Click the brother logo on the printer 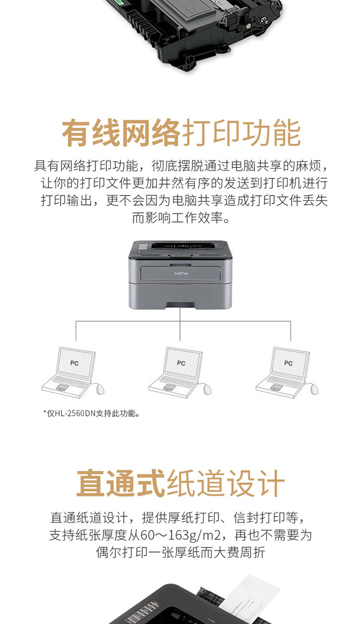pyautogui.click(x=181, y=273)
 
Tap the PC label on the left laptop pyautogui.click(x=74, y=363)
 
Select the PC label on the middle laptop pyautogui.click(x=181, y=363)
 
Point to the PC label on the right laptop pyautogui.click(x=288, y=363)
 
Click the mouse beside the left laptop pyautogui.click(x=100, y=389)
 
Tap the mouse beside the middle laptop pyautogui.click(x=207, y=389)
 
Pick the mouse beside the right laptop pyautogui.click(x=314, y=389)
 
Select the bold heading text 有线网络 pyautogui.click(x=121, y=132)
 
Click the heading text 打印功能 pyautogui.click(x=241, y=132)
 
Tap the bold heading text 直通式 pyautogui.click(x=121, y=483)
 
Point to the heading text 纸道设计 pyautogui.click(x=225, y=483)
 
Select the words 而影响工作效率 pyautogui.click(x=177, y=218)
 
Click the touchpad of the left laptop pyautogui.click(x=62, y=387)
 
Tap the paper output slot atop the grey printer pyautogui.click(x=183, y=246)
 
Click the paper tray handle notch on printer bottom pyautogui.click(x=180, y=306)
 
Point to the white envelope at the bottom pyautogui.click(x=249, y=599)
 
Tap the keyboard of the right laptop pyautogui.click(x=285, y=380)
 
